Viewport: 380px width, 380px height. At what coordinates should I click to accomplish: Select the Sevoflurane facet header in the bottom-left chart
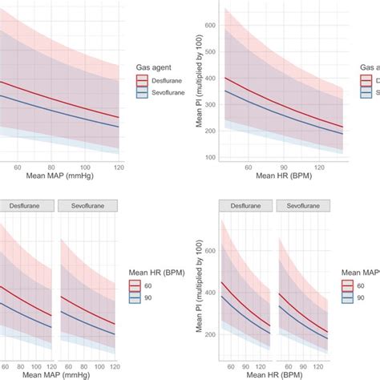pyautogui.click(x=88, y=205)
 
